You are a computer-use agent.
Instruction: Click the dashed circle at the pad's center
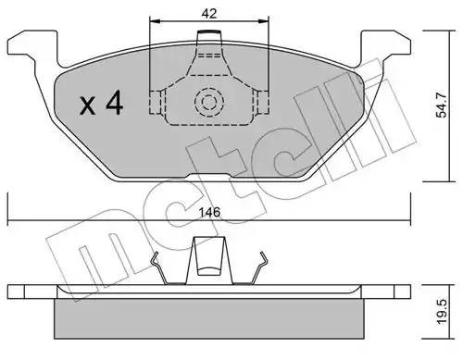tap(207, 101)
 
